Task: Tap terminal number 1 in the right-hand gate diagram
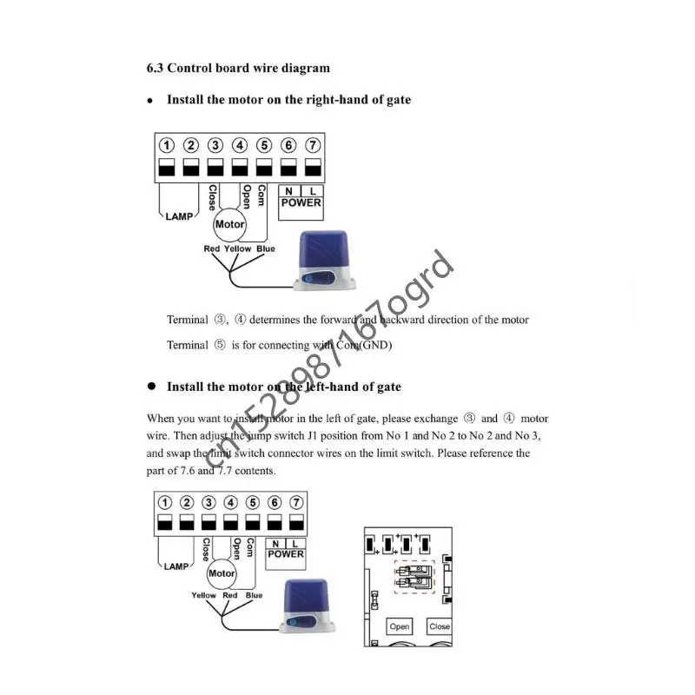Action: click(x=167, y=146)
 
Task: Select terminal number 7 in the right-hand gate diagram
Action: click(x=313, y=146)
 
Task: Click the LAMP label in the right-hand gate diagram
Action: click(x=180, y=216)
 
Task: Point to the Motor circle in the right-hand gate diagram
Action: click(x=229, y=224)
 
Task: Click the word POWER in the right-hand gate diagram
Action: click(x=301, y=203)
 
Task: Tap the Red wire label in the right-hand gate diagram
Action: click(x=212, y=249)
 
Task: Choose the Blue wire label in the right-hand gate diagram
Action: click(x=266, y=249)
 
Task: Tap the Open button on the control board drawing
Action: click(x=400, y=626)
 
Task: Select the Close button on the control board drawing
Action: click(x=440, y=626)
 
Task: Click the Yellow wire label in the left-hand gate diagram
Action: click(x=204, y=596)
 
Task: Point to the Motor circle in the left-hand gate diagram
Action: click(x=222, y=573)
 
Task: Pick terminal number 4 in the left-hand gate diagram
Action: click(x=230, y=503)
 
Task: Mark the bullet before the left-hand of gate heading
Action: click(x=150, y=386)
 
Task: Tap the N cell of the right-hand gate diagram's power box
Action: click(x=288, y=191)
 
